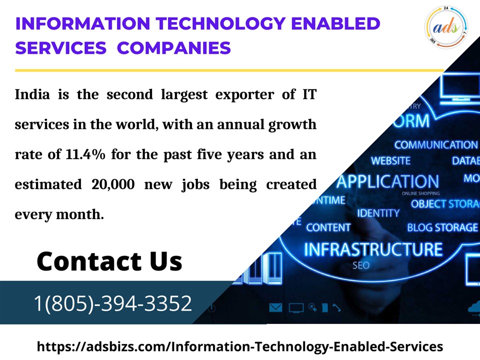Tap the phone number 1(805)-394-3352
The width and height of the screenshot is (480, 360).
[x=113, y=303]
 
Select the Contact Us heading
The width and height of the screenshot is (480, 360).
[x=109, y=261]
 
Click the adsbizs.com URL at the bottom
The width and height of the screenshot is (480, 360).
[x=240, y=346]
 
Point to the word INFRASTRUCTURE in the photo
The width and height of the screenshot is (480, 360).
[x=373, y=249]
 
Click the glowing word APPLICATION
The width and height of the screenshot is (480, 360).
[x=387, y=181]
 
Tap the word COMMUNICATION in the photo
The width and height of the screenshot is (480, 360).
[x=436, y=145]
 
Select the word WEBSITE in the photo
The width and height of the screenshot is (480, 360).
[x=390, y=161]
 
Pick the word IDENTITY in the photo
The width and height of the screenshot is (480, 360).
[x=378, y=213]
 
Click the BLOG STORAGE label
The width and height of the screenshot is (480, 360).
[x=442, y=227]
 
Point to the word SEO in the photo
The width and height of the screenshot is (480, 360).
[x=361, y=265]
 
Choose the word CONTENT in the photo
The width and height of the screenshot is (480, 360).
[x=328, y=227]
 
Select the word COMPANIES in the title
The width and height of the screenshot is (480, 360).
[x=174, y=48]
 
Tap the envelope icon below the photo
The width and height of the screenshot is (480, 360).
[x=275, y=307]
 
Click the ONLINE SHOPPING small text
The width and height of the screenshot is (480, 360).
[x=421, y=193]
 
